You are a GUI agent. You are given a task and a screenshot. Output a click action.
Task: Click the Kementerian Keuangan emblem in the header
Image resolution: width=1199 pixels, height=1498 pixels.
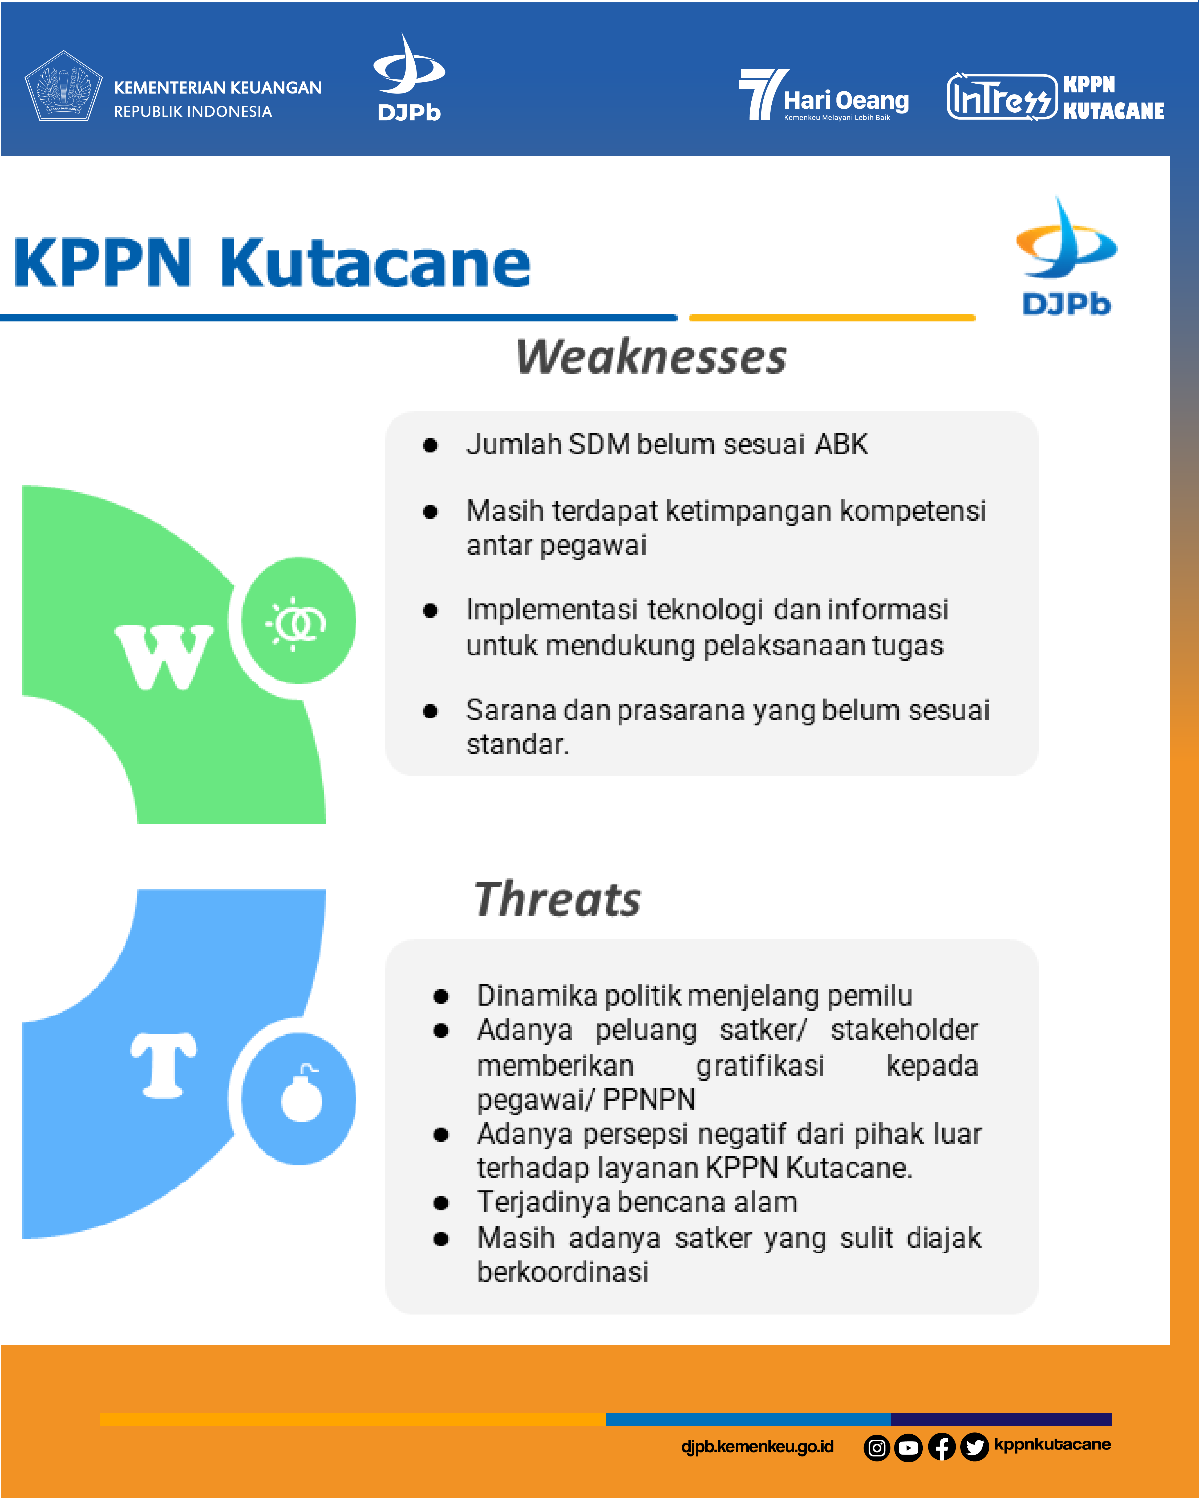63,86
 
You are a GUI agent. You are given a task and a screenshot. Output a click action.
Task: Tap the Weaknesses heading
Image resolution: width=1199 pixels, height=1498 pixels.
651,357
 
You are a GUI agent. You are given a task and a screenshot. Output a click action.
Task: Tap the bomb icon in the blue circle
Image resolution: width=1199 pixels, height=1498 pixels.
302,1093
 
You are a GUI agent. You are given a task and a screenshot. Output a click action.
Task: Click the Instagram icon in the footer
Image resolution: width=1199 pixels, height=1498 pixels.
877,1448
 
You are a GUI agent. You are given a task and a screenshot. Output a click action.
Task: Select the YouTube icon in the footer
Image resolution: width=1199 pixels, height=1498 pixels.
908,1448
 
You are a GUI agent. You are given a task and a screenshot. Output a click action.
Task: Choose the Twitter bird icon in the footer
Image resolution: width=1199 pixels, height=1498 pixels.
974,1448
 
